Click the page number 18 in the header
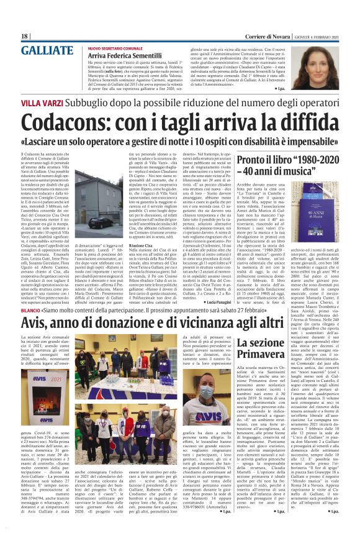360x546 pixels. point(24,36)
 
